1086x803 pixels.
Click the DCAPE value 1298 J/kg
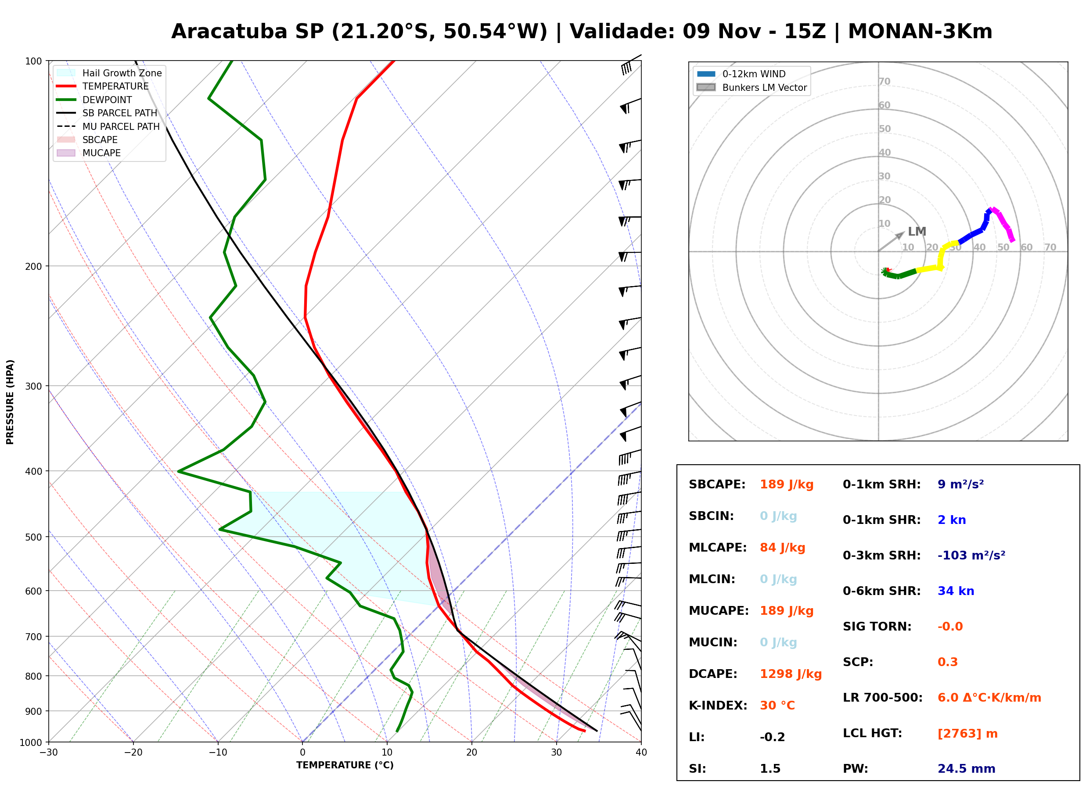[791, 674]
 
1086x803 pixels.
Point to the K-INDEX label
[718, 705]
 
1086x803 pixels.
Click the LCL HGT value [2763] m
[967, 734]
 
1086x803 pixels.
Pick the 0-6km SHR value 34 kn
[956, 591]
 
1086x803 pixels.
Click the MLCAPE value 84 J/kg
[782, 547]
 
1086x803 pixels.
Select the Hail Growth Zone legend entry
[109, 73]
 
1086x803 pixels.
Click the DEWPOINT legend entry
[94, 100]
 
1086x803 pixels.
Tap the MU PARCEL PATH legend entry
[108, 126]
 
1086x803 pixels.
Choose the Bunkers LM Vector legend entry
[752, 87]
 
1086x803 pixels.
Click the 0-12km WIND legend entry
[741, 74]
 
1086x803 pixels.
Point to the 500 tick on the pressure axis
[34, 537]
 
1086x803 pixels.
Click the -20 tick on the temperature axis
[133, 753]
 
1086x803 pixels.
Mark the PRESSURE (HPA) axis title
[10, 402]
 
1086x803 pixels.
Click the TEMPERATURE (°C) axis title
[345, 765]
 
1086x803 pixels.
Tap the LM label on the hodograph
[917, 231]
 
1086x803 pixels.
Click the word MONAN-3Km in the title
[920, 32]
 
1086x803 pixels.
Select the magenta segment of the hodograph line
[1003, 224]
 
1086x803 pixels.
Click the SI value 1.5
[770, 768]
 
